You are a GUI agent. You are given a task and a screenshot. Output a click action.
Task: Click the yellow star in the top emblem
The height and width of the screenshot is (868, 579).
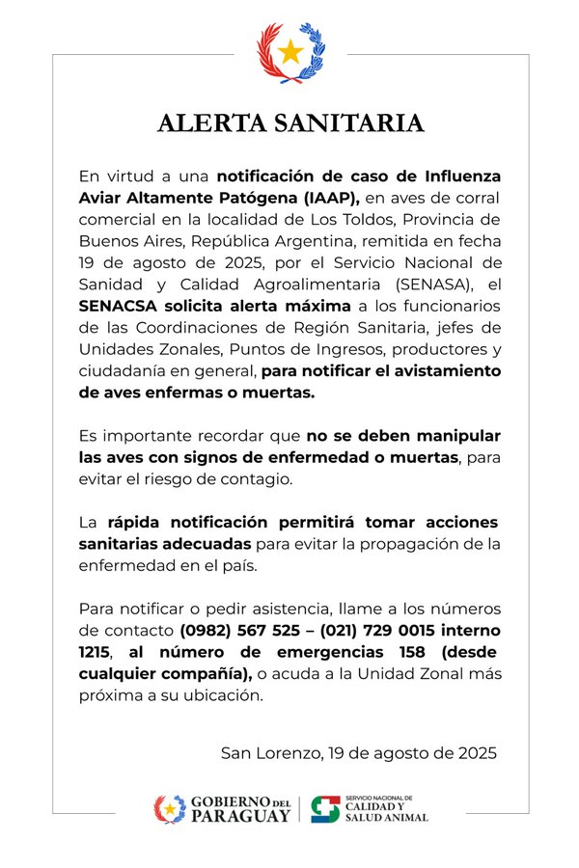(290, 51)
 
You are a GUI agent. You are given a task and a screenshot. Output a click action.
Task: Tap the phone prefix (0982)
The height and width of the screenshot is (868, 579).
(207, 630)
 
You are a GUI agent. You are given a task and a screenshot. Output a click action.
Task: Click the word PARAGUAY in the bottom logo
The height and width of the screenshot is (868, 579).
(240, 816)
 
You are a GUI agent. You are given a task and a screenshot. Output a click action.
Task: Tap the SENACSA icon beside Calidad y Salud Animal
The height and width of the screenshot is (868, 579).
(326, 809)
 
